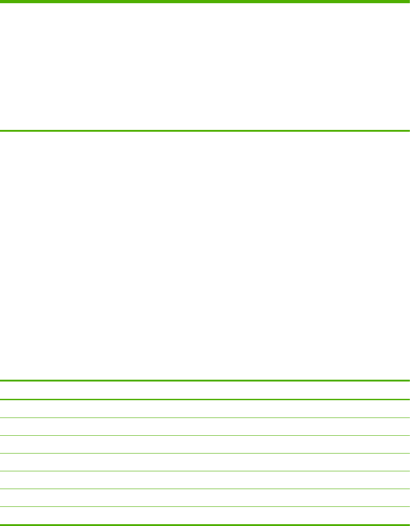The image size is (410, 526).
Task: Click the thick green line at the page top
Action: click(205, 2)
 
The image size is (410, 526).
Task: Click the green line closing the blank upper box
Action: click(205, 131)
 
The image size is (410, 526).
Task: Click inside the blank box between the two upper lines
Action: click(205, 67)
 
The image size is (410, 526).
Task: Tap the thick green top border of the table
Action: click(205, 381)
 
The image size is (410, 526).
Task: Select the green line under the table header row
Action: click(205, 400)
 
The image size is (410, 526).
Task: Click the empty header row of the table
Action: click(205, 390)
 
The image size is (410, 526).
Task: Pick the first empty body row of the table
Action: click(205, 409)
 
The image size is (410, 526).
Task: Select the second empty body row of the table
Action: click(205, 427)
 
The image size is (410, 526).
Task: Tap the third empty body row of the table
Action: click(205, 444)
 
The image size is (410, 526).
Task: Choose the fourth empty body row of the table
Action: click(205, 462)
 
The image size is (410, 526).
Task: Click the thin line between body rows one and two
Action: click(205, 418)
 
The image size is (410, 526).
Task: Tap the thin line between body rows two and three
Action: click(205, 435)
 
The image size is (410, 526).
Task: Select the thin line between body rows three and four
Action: click(205, 453)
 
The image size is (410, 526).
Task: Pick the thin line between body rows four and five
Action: click(205, 471)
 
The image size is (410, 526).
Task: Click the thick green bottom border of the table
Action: click(205, 524)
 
